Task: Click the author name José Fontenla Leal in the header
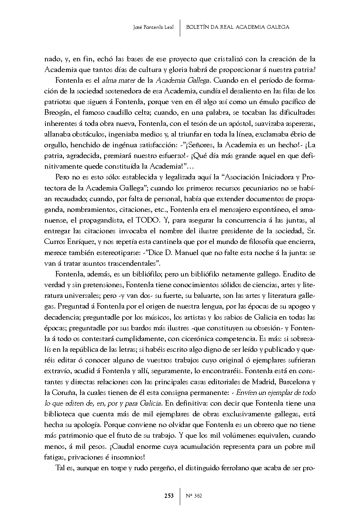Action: coord(153,27)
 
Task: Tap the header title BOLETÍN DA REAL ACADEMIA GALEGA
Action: coord(237,27)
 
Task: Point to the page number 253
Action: coord(169,496)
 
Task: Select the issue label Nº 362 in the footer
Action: coord(194,496)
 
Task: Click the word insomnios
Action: coord(129,457)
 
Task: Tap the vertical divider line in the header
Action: coord(180,27)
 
